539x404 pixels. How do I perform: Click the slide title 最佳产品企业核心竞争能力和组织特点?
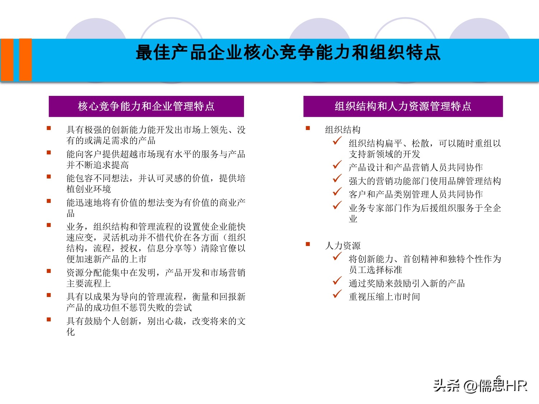click(x=288, y=53)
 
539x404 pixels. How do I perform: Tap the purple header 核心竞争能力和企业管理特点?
click(x=146, y=106)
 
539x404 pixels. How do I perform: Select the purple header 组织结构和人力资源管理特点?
click(x=403, y=106)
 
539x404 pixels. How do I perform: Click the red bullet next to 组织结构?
click(x=308, y=128)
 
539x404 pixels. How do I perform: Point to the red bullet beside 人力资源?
click(x=308, y=244)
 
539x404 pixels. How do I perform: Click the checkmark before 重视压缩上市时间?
click(x=337, y=294)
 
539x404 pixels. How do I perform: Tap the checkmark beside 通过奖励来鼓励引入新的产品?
click(x=337, y=280)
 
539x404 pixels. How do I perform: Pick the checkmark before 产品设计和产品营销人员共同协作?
click(x=337, y=165)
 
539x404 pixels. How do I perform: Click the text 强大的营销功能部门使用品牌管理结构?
click(x=425, y=181)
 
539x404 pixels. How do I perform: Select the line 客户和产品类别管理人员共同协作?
click(x=416, y=194)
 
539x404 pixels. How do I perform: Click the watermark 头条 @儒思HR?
click(x=480, y=385)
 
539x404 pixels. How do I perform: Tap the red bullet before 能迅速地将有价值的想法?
click(x=49, y=201)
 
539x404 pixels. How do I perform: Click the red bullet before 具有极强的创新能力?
click(x=49, y=128)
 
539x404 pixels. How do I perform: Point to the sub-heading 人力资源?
click(x=342, y=246)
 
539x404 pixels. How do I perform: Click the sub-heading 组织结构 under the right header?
click(x=342, y=130)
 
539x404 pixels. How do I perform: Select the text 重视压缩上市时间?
click(x=384, y=297)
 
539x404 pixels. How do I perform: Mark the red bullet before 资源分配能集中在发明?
click(x=49, y=271)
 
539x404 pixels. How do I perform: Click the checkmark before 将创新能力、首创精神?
click(x=337, y=256)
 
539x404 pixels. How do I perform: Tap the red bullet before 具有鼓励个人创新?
click(x=49, y=319)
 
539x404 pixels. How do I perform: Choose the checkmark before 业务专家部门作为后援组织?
click(x=337, y=205)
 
